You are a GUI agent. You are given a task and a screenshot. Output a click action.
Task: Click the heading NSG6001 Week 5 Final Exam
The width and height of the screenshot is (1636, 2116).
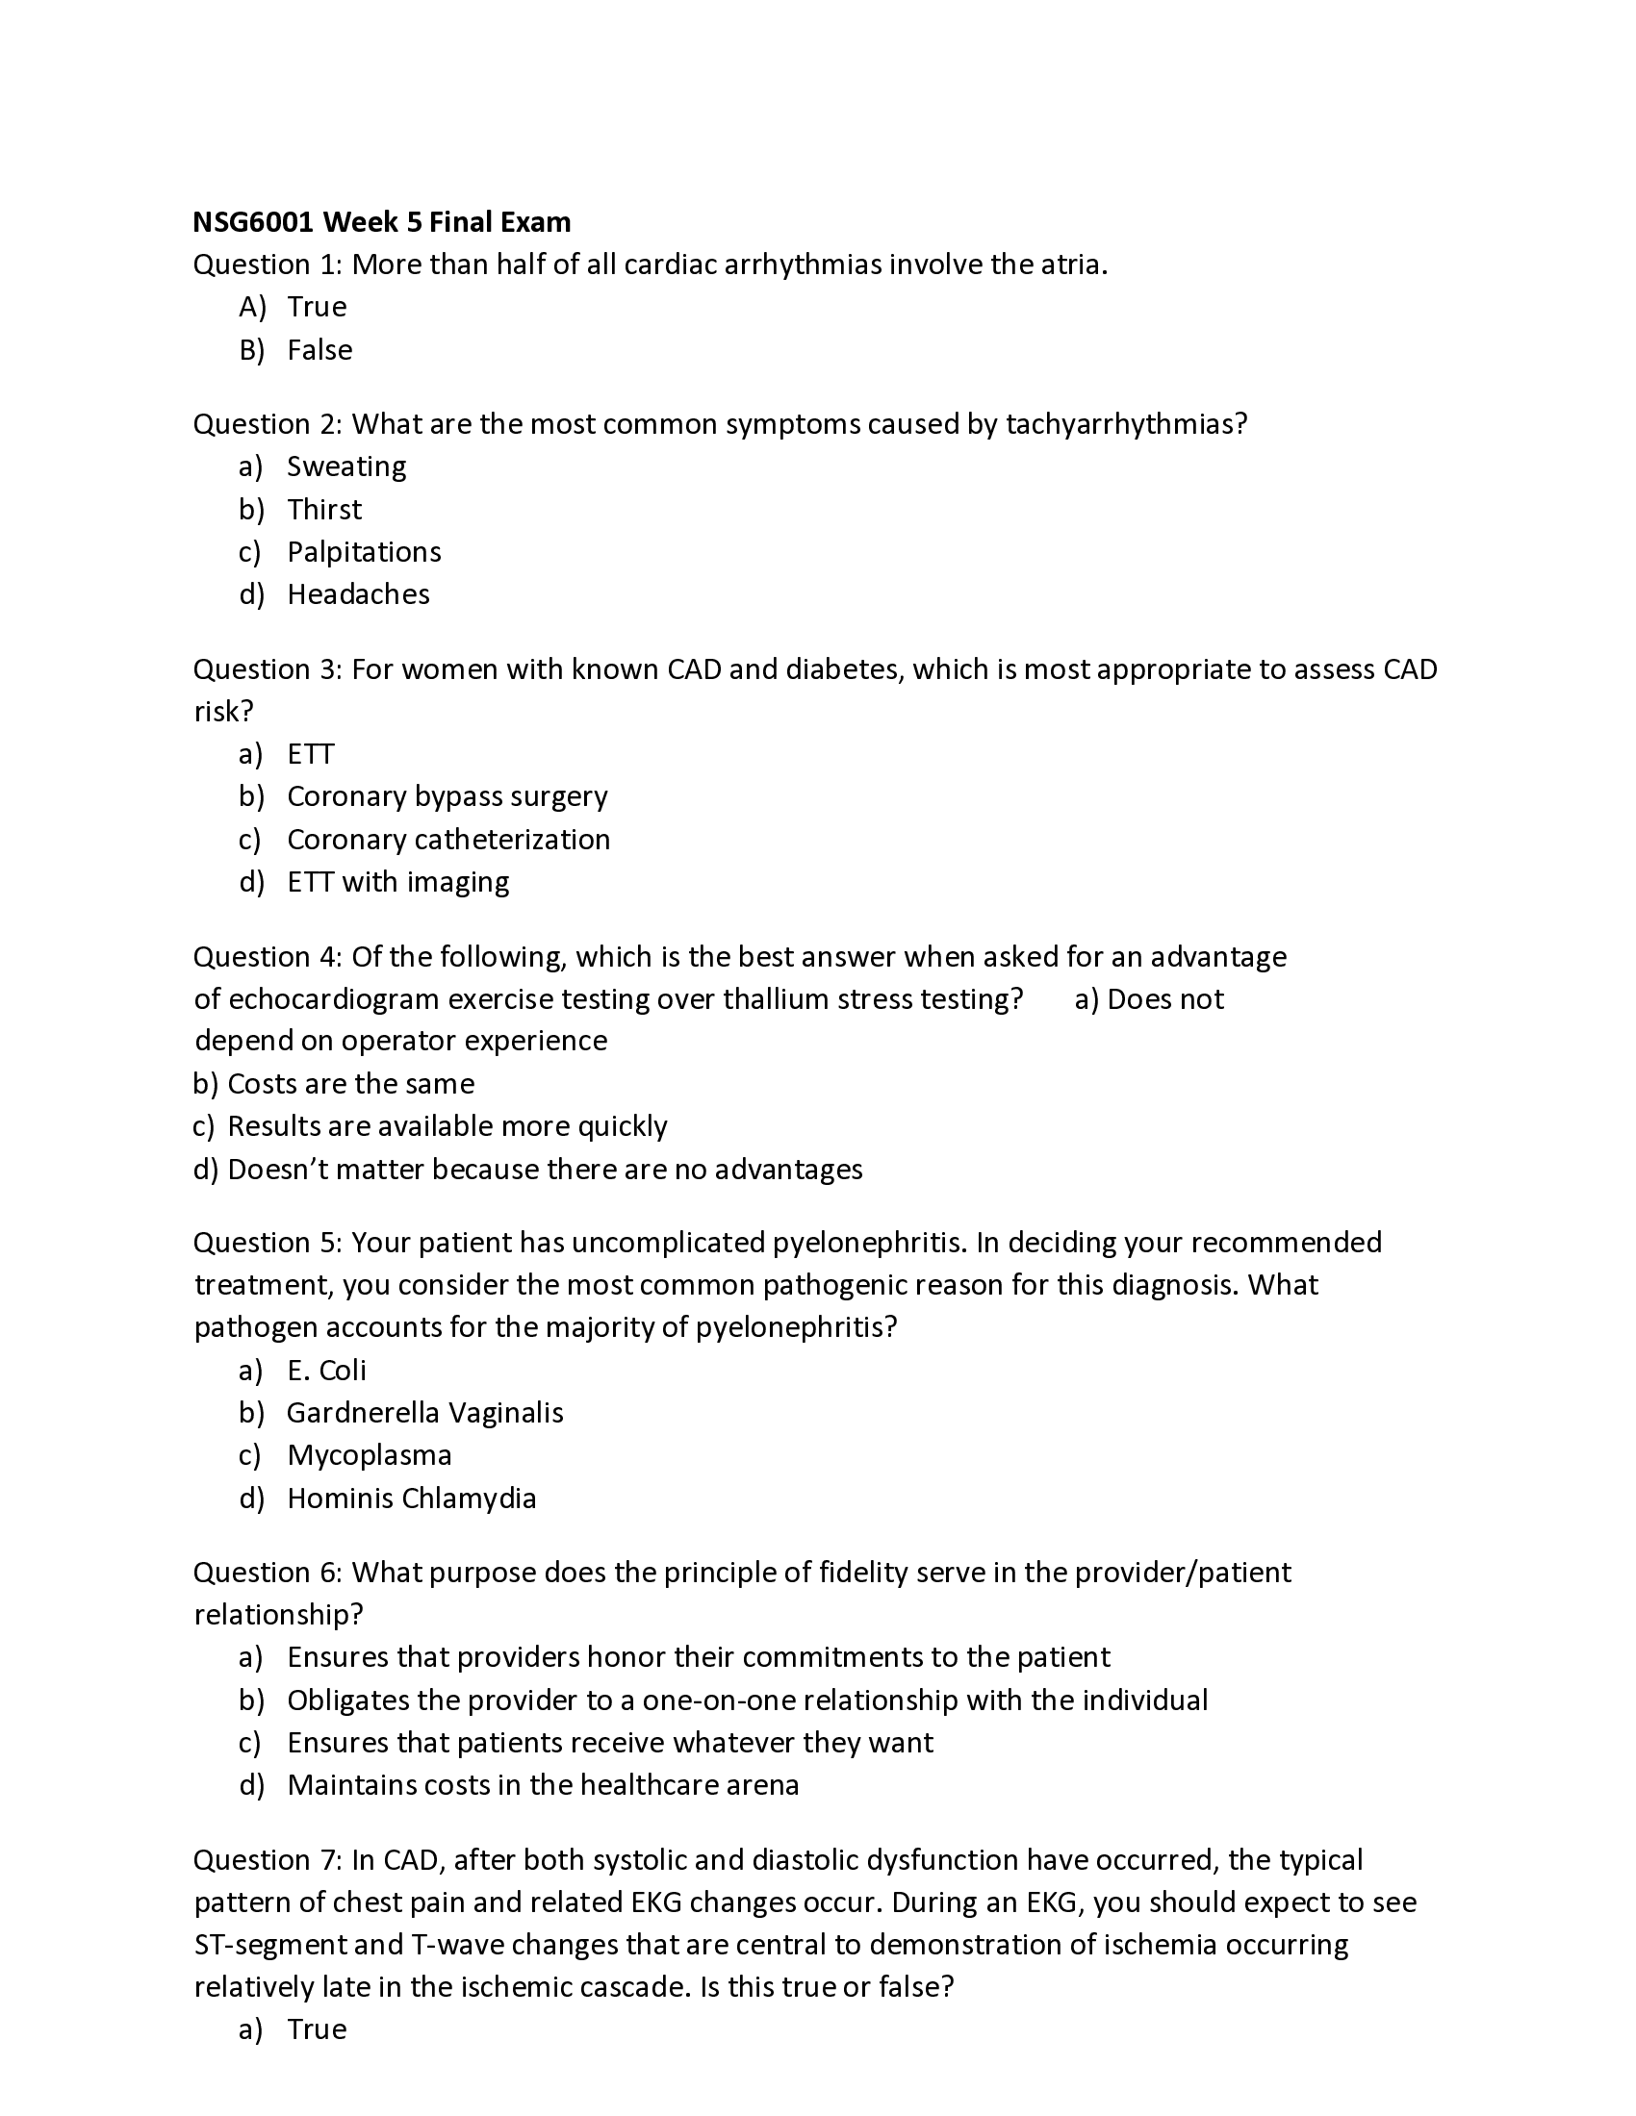coord(382,223)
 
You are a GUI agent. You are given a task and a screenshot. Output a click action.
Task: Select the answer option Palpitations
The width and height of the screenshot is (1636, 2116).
coord(364,552)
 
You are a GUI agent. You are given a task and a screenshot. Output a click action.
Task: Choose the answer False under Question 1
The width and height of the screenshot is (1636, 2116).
coord(319,350)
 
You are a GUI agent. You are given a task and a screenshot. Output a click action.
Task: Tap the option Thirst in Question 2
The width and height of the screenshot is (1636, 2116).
coord(323,510)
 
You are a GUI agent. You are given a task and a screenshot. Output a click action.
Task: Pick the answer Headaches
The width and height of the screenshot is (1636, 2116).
coord(358,593)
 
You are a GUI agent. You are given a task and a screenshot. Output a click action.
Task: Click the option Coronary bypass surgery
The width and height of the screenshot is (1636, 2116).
coord(447,796)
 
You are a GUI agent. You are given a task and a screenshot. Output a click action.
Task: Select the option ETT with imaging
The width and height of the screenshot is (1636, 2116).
coord(397,882)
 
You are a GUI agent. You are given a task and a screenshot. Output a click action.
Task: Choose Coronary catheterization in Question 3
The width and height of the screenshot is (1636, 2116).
coord(447,839)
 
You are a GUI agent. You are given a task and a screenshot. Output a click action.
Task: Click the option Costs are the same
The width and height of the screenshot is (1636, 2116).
coord(350,1083)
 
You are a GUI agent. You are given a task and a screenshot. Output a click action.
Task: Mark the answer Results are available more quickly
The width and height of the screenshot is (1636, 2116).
coord(447,1126)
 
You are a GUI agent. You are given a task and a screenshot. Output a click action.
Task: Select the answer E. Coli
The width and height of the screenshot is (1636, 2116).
coord(326,1370)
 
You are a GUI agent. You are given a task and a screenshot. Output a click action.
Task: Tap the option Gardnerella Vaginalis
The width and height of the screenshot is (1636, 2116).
coord(424,1413)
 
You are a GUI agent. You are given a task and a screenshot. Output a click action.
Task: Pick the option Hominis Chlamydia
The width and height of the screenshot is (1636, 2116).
coord(411,1498)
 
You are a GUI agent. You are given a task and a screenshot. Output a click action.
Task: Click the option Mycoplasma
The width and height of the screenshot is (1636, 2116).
coord(370,1455)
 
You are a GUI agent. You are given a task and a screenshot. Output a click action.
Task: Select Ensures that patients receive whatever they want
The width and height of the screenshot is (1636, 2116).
coord(609,1742)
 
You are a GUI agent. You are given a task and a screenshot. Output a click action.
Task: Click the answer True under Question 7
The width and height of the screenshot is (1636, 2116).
coord(316,2028)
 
